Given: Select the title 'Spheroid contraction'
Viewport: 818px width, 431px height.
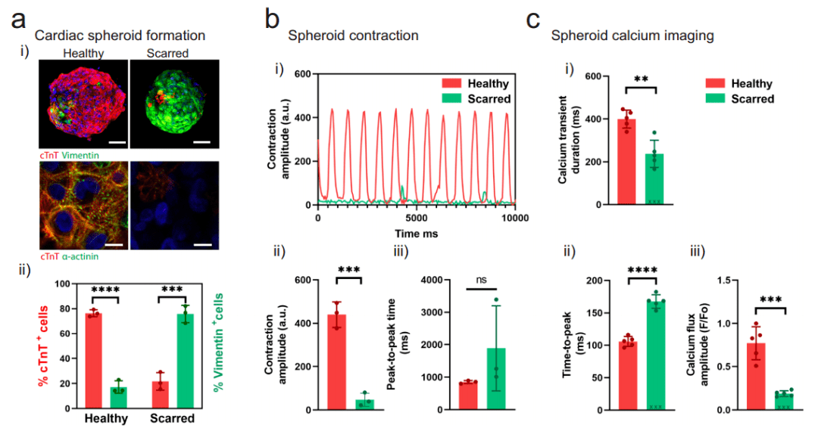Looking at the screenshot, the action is tap(353, 36).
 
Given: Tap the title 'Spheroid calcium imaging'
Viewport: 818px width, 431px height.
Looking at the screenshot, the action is tap(632, 36).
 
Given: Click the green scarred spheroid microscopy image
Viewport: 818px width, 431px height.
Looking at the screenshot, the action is tap(174, 104).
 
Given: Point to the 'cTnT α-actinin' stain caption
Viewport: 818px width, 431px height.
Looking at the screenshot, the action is tap(70, 256).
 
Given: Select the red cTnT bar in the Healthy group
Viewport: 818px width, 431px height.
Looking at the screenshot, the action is tap(93, 360).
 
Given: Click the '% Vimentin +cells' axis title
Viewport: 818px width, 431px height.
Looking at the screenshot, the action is tap(218, 342).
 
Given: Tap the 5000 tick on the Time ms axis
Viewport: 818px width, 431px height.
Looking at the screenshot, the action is tap(417, 218).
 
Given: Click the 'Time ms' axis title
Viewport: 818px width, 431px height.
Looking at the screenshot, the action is tap(417, 234).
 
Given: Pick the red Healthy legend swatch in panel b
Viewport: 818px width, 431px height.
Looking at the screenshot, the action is tap(451, 83).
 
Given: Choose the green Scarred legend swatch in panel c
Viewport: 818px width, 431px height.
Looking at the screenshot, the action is tap(715, 98).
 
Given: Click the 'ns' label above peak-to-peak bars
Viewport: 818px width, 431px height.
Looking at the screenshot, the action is tap(481, 280).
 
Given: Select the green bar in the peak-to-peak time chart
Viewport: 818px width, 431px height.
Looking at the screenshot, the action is tap(496, 379).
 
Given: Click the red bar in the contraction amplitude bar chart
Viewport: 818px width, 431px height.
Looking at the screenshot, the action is tap(336, 362).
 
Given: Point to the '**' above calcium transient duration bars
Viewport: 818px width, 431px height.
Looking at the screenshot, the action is tap(642, 79).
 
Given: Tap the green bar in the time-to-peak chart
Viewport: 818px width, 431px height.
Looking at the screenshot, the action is tap(656, 355).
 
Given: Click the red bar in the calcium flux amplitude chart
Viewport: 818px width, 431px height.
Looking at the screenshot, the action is tap(756, 377).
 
